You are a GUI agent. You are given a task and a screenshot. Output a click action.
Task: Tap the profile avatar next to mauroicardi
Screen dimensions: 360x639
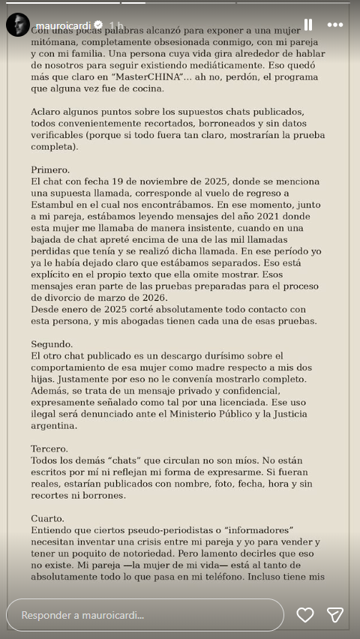click(18, 25)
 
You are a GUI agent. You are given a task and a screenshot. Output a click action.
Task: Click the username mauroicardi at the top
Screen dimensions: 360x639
click(62, 25)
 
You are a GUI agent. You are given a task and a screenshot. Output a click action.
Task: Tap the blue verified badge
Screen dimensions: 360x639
click(97, 25)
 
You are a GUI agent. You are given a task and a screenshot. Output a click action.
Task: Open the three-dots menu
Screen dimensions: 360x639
click(335, 25)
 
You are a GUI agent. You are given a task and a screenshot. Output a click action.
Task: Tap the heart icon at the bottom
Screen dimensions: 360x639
click(305, 615)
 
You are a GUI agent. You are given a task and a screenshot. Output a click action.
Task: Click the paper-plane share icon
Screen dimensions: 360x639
click(335, 615)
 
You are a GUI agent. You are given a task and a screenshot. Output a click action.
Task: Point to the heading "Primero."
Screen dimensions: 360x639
click(50, 169)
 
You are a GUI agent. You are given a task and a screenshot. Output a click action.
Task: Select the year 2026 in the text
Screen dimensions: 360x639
click(148, 297)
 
